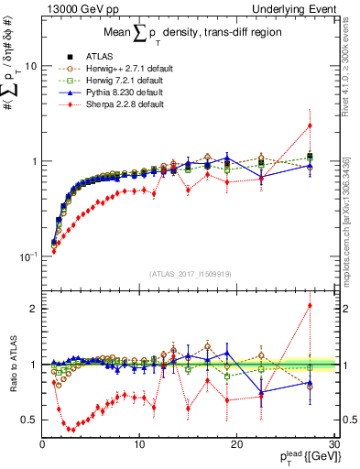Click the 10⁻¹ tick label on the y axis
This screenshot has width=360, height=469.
coord(27,256)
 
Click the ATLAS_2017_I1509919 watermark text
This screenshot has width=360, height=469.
coord(186,273)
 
